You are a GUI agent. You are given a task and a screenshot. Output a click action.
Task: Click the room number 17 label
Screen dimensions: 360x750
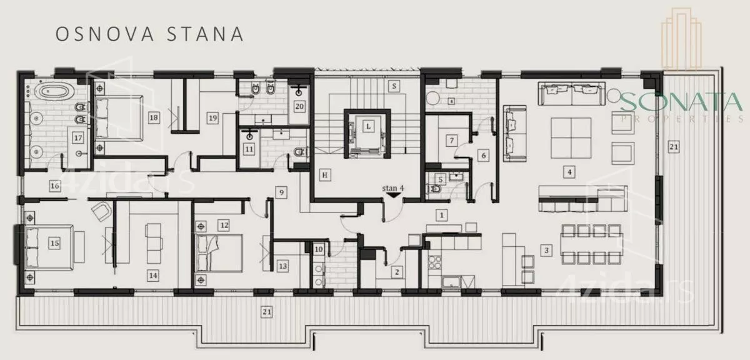tap(78, 137)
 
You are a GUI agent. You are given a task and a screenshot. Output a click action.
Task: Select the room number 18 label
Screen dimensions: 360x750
tap(153, 117)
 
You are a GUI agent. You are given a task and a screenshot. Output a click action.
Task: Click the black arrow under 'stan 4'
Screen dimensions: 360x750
tap(394, 195)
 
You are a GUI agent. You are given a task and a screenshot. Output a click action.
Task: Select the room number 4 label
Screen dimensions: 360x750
tap(569, 170)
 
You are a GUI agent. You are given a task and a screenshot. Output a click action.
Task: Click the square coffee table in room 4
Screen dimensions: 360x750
tap(571, 137)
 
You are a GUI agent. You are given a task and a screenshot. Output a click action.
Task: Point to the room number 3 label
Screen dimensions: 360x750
tap(547, 251)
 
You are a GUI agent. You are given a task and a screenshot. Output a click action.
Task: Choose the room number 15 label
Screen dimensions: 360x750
tap(55, 242)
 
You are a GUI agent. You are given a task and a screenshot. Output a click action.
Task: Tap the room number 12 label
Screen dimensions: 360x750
tap(224, 224)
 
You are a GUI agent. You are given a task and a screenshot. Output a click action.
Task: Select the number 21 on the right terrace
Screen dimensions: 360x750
tap(673, 147)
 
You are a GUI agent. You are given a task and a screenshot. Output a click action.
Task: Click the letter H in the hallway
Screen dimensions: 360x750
tap(325, 175)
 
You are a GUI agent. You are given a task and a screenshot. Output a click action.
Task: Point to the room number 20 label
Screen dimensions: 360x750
tap(299, 106)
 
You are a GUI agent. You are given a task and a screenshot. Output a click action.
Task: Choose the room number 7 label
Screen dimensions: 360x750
tap(451, 141)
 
